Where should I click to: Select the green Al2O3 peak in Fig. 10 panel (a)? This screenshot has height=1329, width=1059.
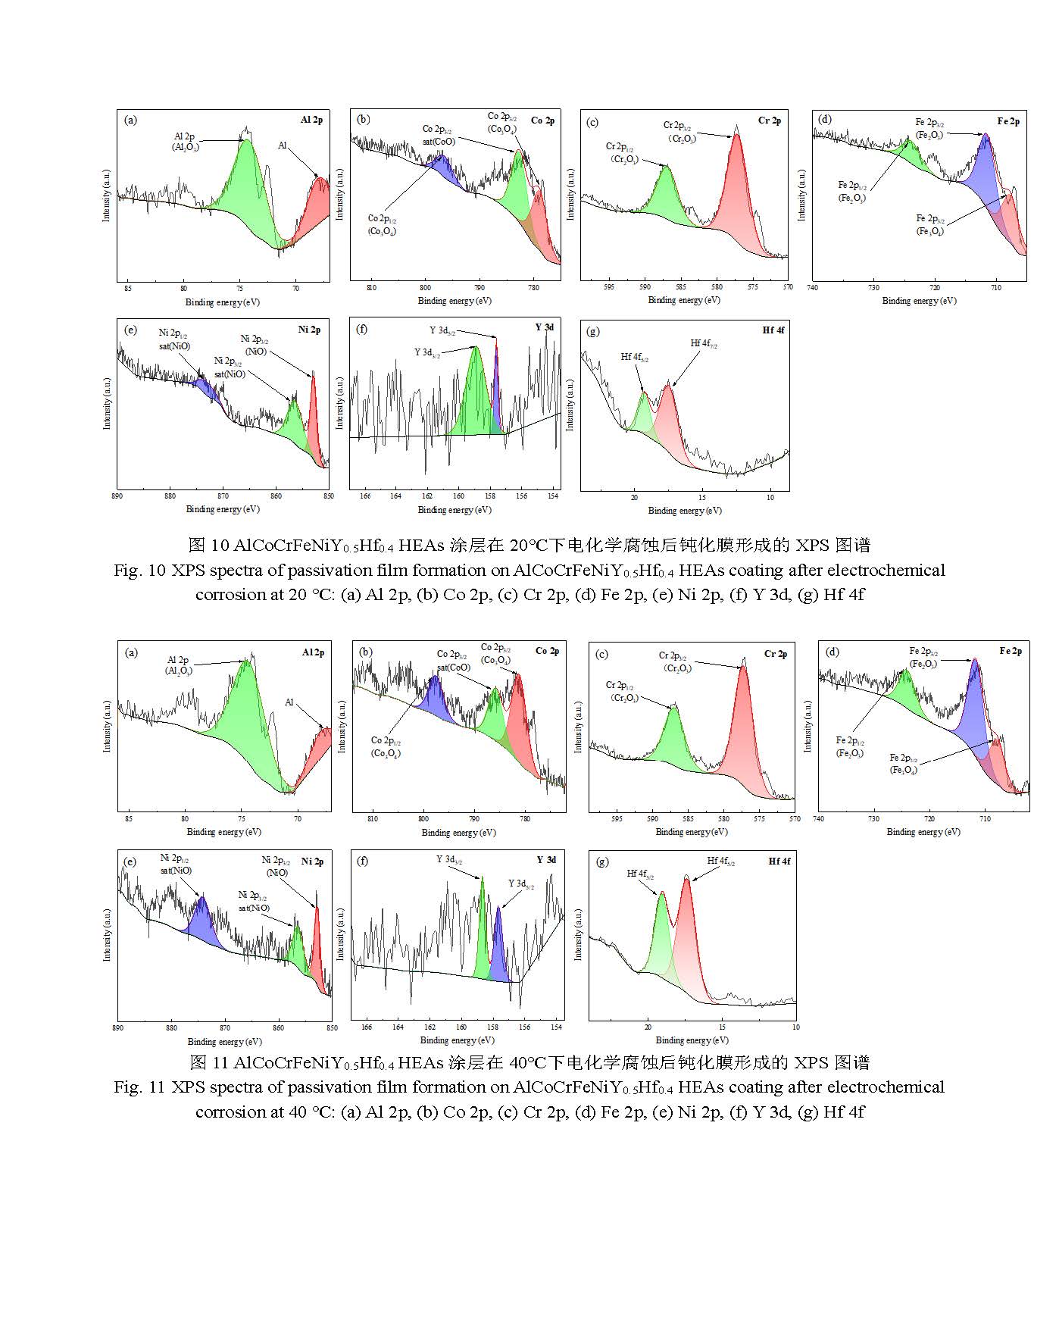246,182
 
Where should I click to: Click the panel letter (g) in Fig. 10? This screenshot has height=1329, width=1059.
593,331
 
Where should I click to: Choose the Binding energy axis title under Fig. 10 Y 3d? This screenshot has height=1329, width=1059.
455,510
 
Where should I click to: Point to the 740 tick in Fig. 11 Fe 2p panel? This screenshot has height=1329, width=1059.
819,819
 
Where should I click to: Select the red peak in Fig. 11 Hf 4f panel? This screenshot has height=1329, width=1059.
688,940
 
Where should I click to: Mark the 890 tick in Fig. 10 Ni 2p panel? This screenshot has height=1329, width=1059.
117,497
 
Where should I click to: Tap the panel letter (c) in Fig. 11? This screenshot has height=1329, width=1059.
602,654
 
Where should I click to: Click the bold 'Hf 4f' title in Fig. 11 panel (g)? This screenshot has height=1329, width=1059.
779,862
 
